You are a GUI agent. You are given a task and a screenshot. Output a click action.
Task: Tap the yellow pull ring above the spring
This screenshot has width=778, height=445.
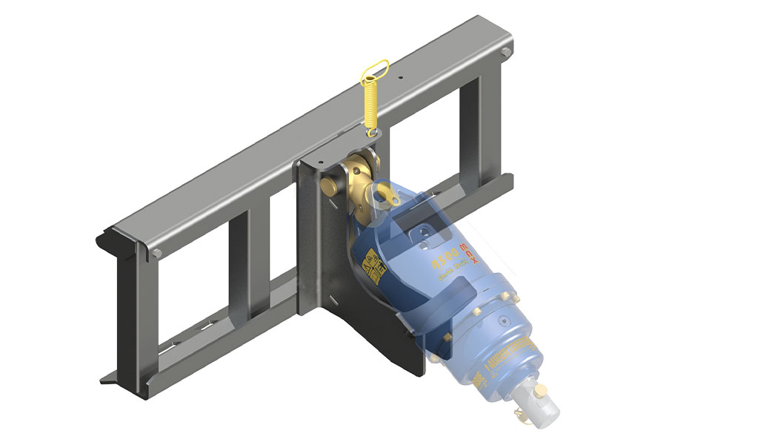coord(373,70)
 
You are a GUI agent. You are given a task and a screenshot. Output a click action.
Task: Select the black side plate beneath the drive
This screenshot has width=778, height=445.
coord(385,341)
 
